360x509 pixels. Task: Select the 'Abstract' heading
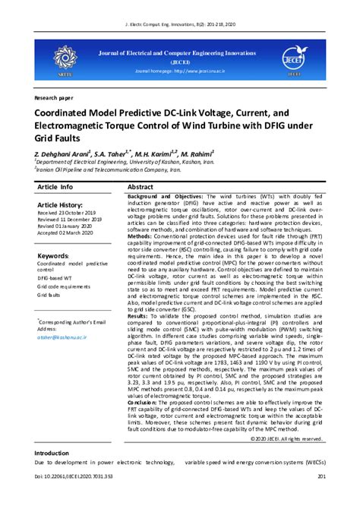[141, 186]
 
